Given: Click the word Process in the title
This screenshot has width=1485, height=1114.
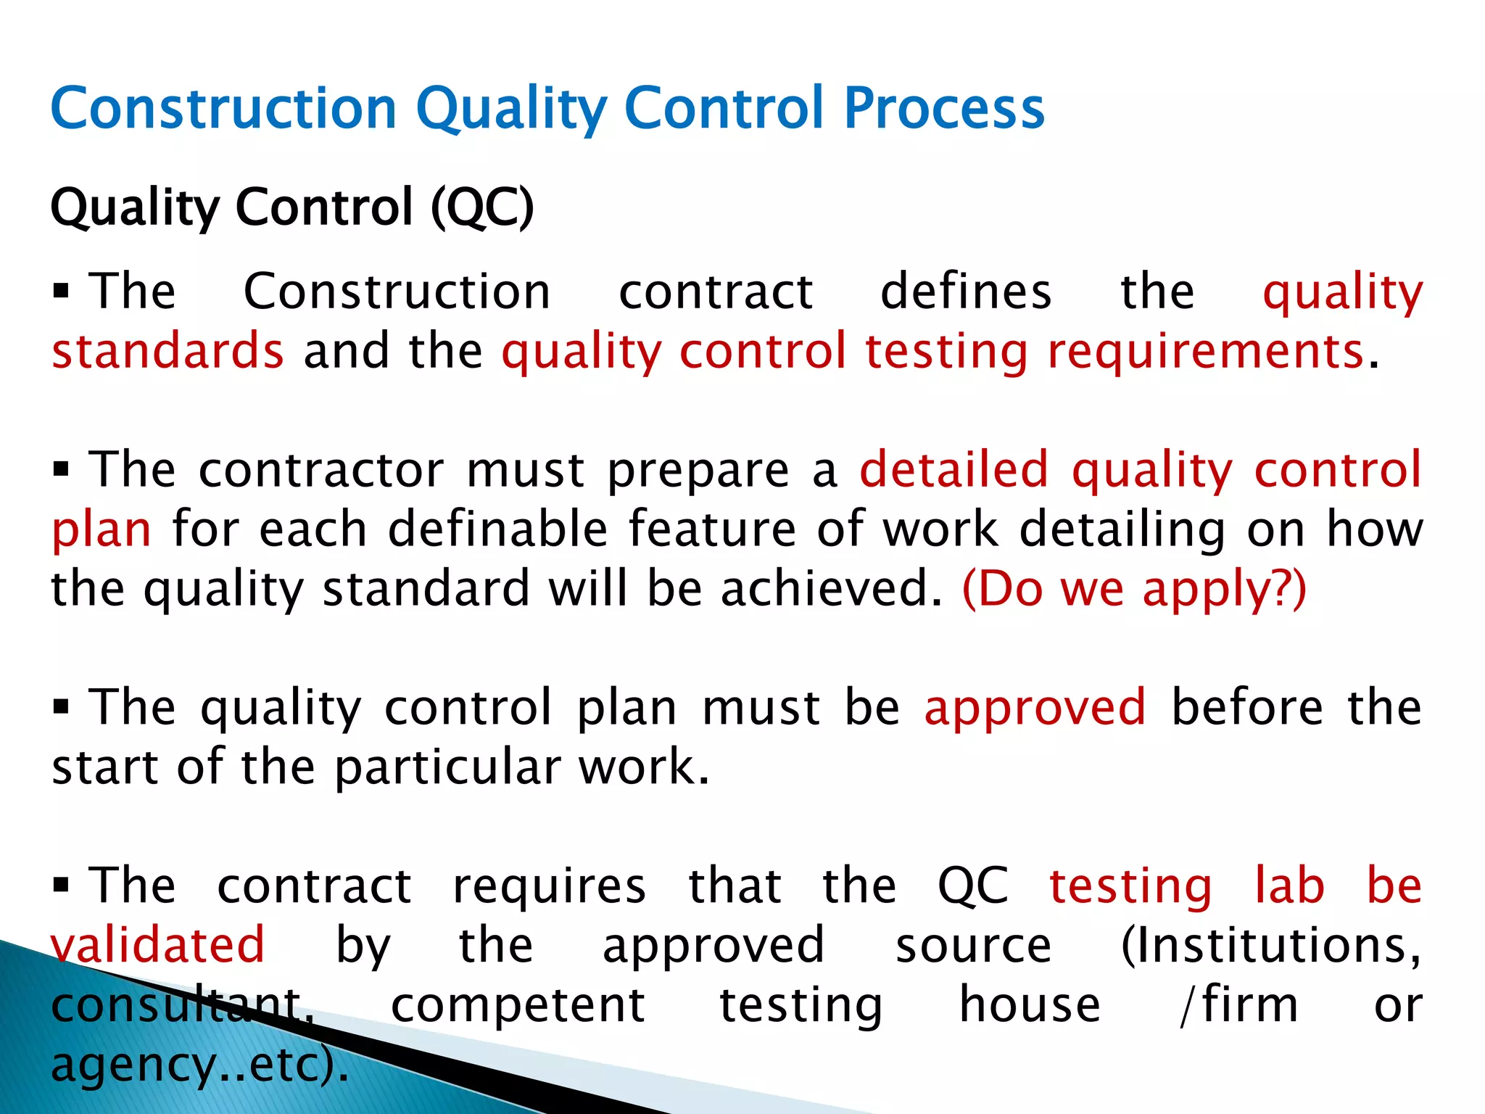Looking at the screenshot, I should (944, 109).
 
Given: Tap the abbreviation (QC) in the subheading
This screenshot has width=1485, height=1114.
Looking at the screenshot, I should (482, 207).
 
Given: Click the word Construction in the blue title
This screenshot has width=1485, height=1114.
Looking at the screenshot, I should (223, 109).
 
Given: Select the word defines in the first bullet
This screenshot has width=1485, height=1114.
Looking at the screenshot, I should (966, 292).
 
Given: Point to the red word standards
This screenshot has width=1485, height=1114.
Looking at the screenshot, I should (167, 351).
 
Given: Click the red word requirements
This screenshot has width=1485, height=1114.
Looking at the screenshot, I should (1206, 351).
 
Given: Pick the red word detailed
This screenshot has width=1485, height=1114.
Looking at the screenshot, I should (954, 469).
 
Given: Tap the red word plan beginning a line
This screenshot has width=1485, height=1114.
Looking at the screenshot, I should (102, 529).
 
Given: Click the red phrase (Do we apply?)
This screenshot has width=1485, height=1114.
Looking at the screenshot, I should (1134, 588).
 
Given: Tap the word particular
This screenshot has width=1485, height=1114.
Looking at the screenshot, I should (447, 767).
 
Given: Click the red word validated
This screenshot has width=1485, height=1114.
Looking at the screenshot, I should (158, 945).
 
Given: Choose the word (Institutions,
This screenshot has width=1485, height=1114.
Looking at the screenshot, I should (1271, 945).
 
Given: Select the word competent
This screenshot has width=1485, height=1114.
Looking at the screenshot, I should (518, 1005).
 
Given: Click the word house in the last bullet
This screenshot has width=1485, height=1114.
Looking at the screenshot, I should (1030, 1005).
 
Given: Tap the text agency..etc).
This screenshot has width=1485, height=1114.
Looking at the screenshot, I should (200, 1065).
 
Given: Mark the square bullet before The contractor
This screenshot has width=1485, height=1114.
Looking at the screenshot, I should (61, 470).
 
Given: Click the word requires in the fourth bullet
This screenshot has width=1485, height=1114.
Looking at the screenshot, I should (549, 886).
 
